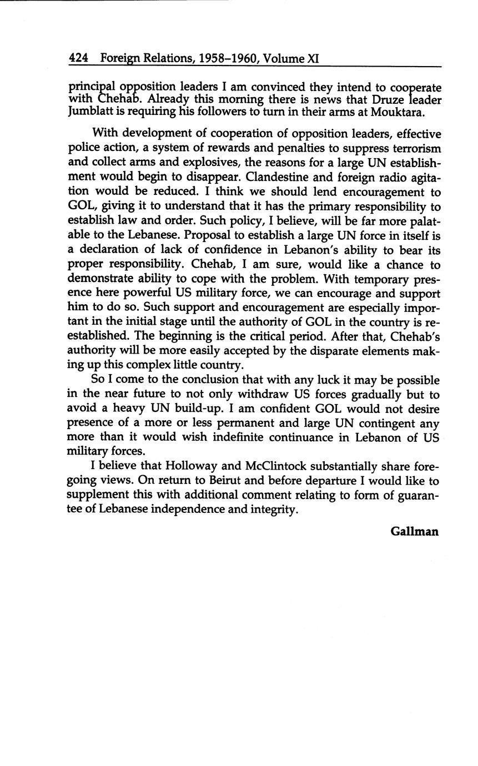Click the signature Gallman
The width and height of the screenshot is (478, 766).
(x=414, y=531)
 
